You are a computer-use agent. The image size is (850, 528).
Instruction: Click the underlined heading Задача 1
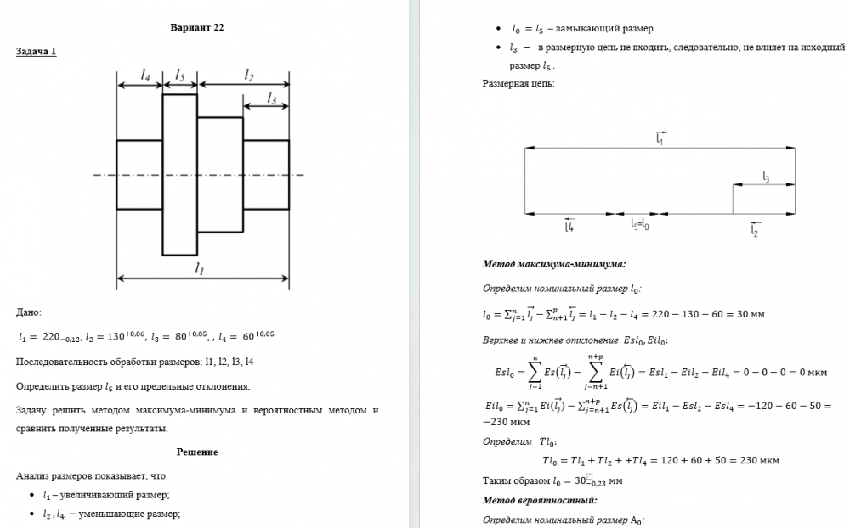pyautogui.click(x=37, y=51)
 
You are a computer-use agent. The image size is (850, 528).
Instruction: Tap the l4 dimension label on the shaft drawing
pyautogui.click(x=145, y=76)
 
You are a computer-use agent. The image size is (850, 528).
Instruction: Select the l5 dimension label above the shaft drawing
pyautogui.click(x=179, y=76)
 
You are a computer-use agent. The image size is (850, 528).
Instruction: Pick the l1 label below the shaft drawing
pyautogui.click(x=200, y=268)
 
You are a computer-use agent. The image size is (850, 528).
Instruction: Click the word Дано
pyautogui.click(x=29, y=313)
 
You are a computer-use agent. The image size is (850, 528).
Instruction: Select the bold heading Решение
pyautogui.click(x=197, y=452)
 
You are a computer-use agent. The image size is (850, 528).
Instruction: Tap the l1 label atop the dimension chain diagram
pyautogui.click(x=660, y=138)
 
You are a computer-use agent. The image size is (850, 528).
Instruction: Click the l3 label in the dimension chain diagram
pyautogui.click(x=765, y=177)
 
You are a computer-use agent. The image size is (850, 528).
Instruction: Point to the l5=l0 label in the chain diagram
pyautogui.click(x=640, y=225)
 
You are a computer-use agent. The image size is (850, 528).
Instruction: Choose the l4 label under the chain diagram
pyautogui.click(x=569, y=227)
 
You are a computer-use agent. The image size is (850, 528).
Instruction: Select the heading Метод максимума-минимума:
pyautogui.click(x=554, y=265)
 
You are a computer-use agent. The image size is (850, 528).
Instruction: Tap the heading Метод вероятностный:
pyautogui.click(x=540, y=500)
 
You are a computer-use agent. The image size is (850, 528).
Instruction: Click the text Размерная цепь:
pyautogui.click(x=518, y=84)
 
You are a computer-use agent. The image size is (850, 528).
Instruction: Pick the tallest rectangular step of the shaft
pyautogui.click(x=179, y=174)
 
